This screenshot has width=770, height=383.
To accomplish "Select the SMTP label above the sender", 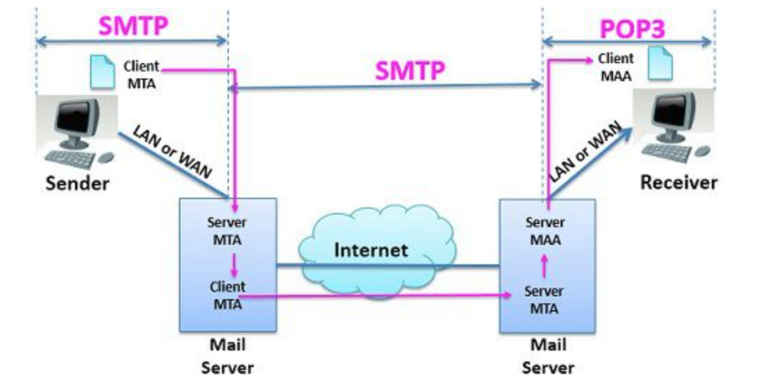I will [x=133, y=26].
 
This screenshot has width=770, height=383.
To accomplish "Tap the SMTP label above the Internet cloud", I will [x=409, y=71].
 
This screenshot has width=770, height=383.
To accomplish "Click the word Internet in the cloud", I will [x=372, y=250].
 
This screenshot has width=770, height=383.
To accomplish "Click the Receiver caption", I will [x=678, y=183].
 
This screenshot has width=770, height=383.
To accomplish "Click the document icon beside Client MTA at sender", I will [x=103, y=71].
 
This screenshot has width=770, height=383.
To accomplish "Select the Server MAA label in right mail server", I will [x=545, y=232].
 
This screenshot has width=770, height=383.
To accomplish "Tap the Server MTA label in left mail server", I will [x=228, y=232].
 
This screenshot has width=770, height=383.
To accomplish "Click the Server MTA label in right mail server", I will [x=545, y=300].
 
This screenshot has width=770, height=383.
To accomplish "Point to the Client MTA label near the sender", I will [x=141, y=75].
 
